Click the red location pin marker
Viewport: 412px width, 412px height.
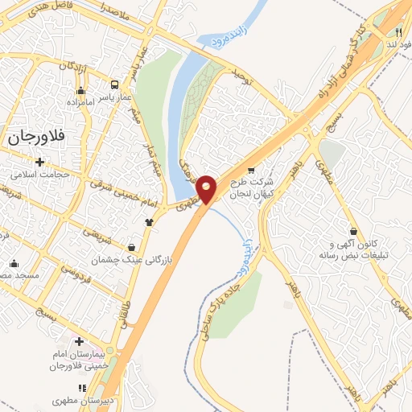point(208,187)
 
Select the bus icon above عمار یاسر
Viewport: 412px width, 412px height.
point(116,84)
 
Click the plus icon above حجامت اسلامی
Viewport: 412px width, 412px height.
point(39,162)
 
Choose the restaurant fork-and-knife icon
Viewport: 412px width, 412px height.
point(398,30)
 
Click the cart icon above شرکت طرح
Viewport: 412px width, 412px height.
point(251,170)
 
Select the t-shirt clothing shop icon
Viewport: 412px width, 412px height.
point(149,222)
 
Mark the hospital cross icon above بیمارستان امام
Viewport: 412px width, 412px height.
point(79,341)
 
